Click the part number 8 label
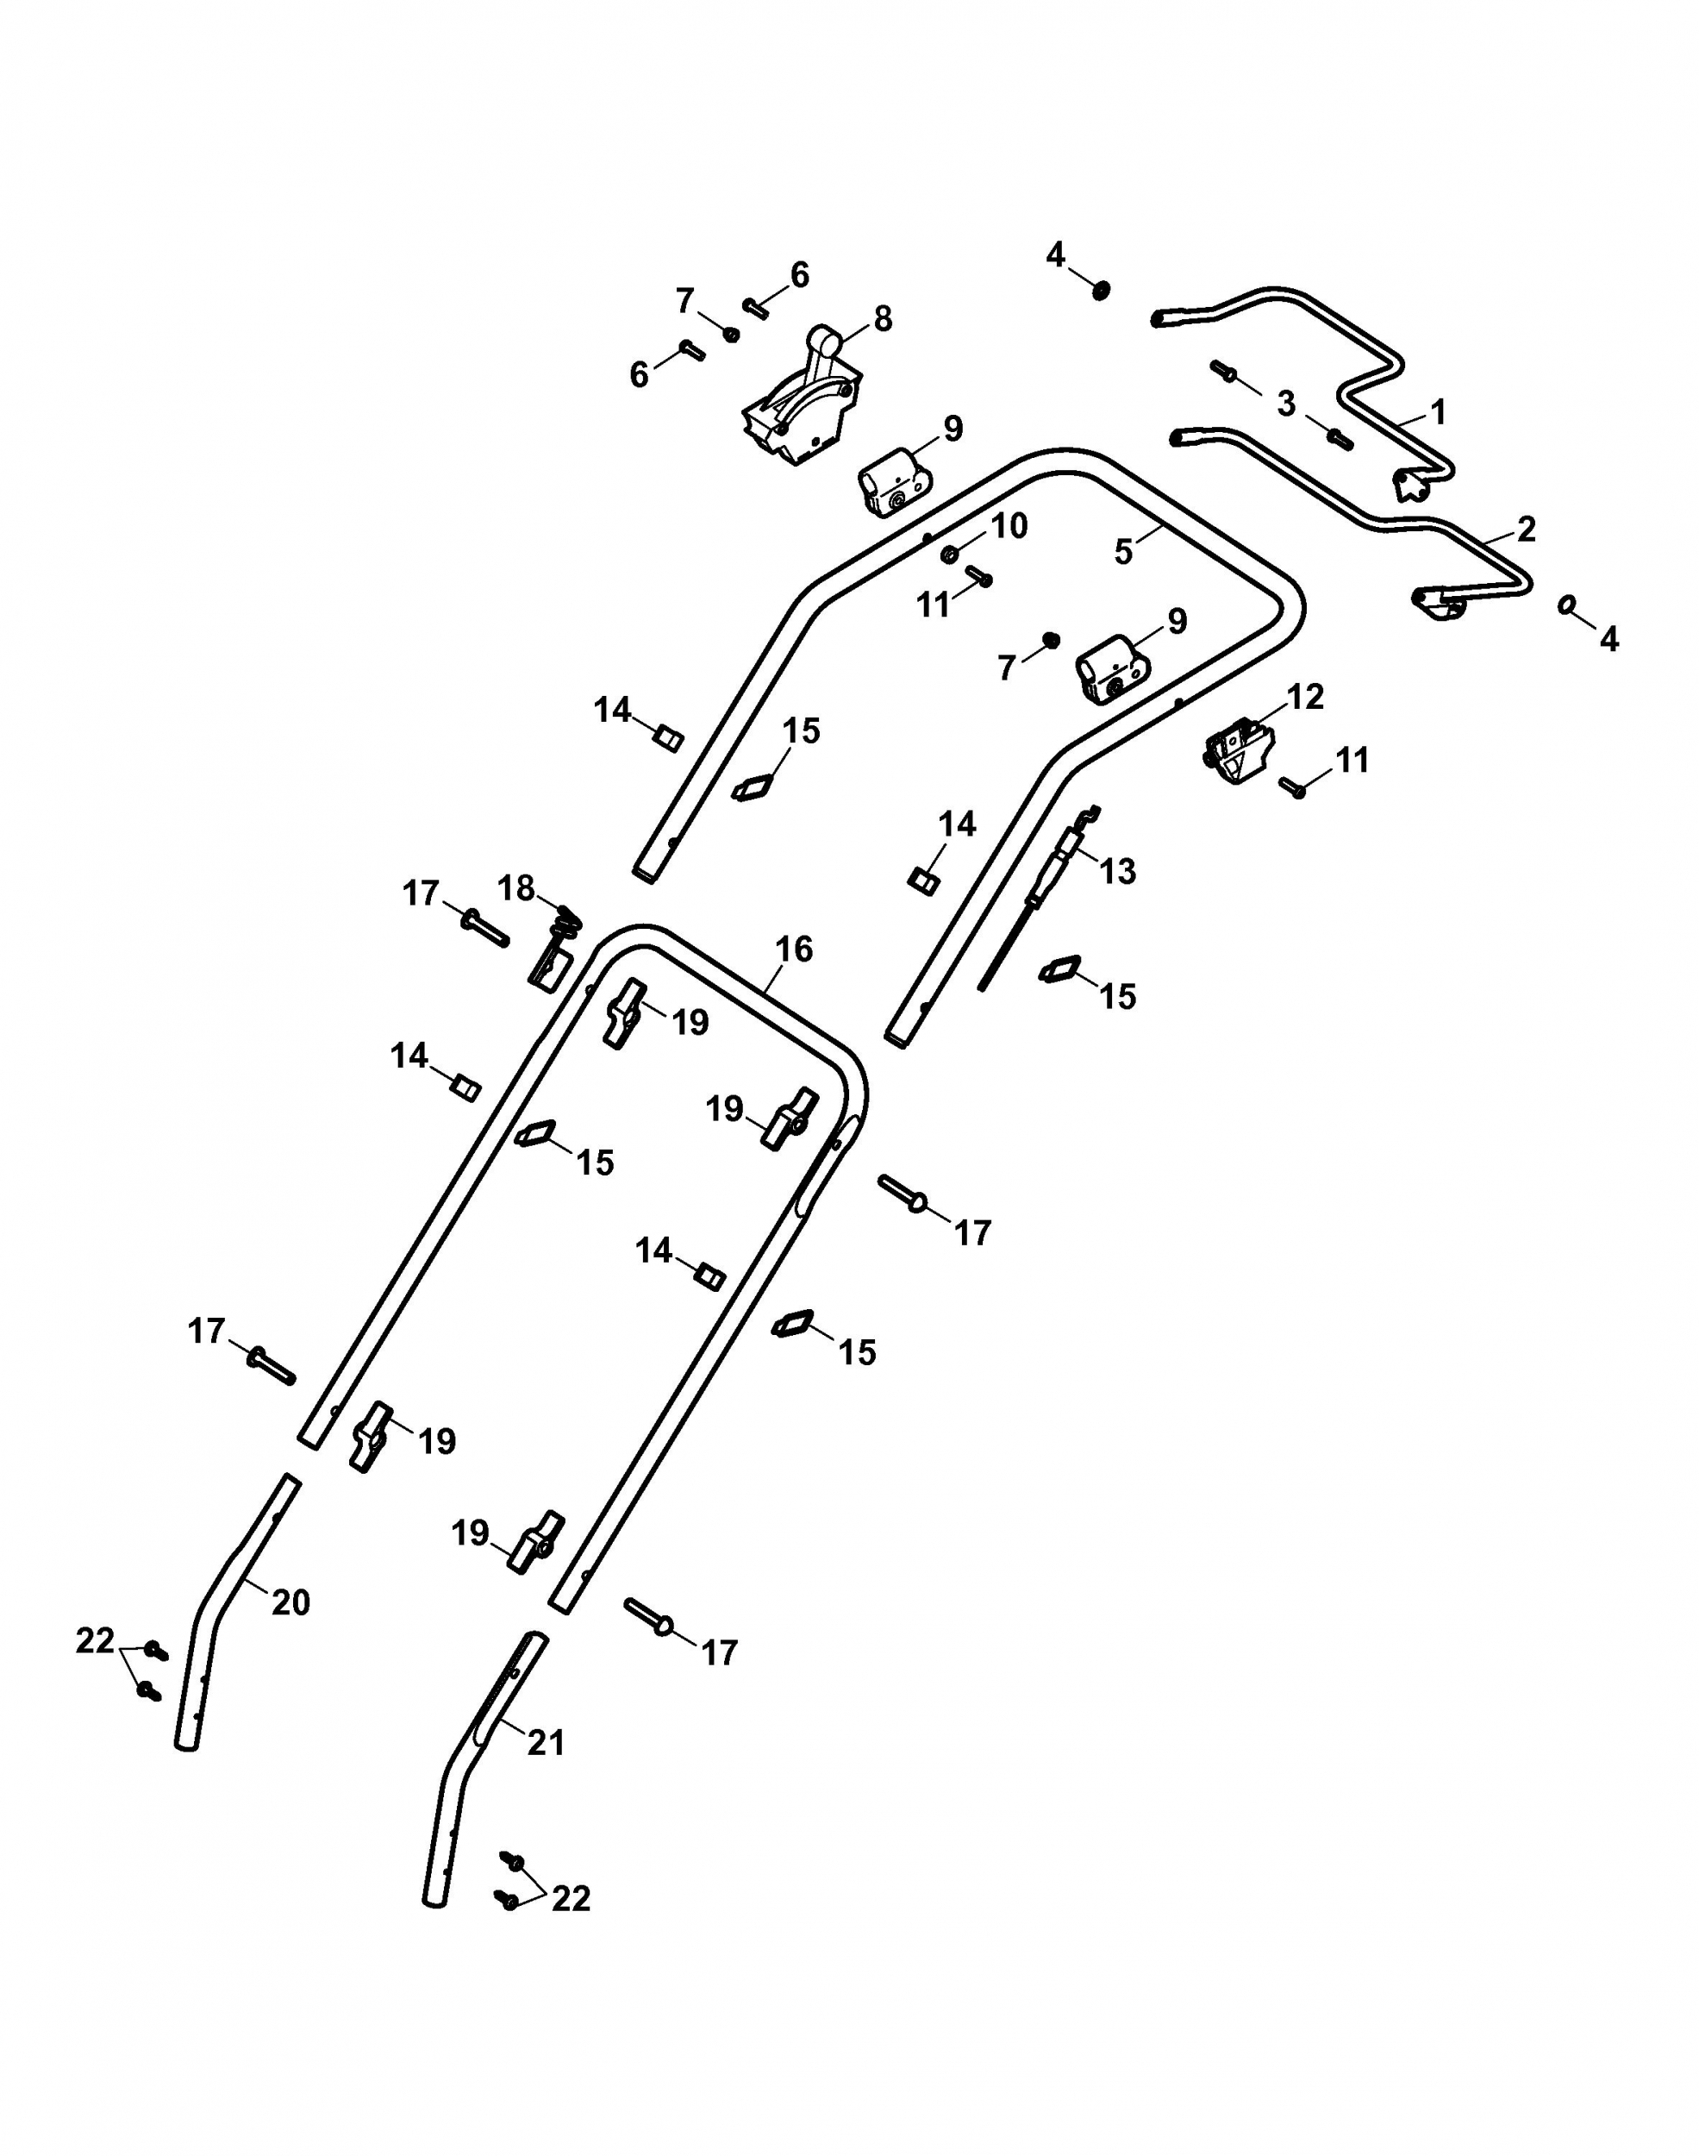click(x=883, y=318)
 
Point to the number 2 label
click(x=1526, y=529)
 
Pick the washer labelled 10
click(x=950, y=553)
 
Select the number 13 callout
click(x=1118, y=872)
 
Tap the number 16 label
click(x=794, y=950)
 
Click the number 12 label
click(x=1305, y=697)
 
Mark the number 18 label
click(x=516, y=887)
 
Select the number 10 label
click(x=1009, y=525)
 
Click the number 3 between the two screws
click(x=1286, y=404)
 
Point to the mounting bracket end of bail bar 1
click(x=1413, y=486)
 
